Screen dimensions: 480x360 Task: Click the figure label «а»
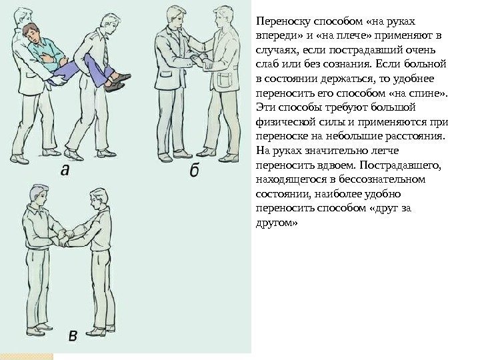[65, 170]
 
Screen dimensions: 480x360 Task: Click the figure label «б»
[195, 170]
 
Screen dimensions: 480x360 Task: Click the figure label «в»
[73, 336]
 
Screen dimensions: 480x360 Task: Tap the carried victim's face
[33, 35]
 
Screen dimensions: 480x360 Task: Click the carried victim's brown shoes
[117, 82]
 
